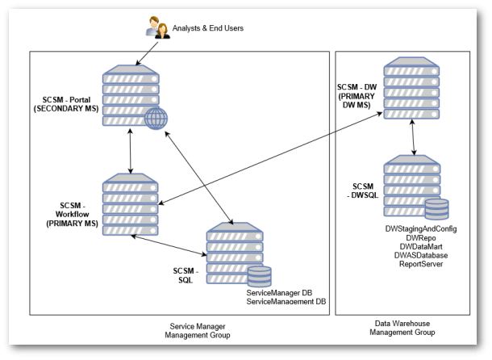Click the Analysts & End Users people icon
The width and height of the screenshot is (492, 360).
[158, 29]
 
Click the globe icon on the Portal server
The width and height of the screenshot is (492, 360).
[156, 120]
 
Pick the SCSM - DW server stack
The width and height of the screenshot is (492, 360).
[411, 88]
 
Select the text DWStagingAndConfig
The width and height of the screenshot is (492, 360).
[423, 229]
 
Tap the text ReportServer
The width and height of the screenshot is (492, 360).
[421, 264]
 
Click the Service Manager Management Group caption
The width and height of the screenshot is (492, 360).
[198, 330]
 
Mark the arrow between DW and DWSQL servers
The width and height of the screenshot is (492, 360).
[413, 138]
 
